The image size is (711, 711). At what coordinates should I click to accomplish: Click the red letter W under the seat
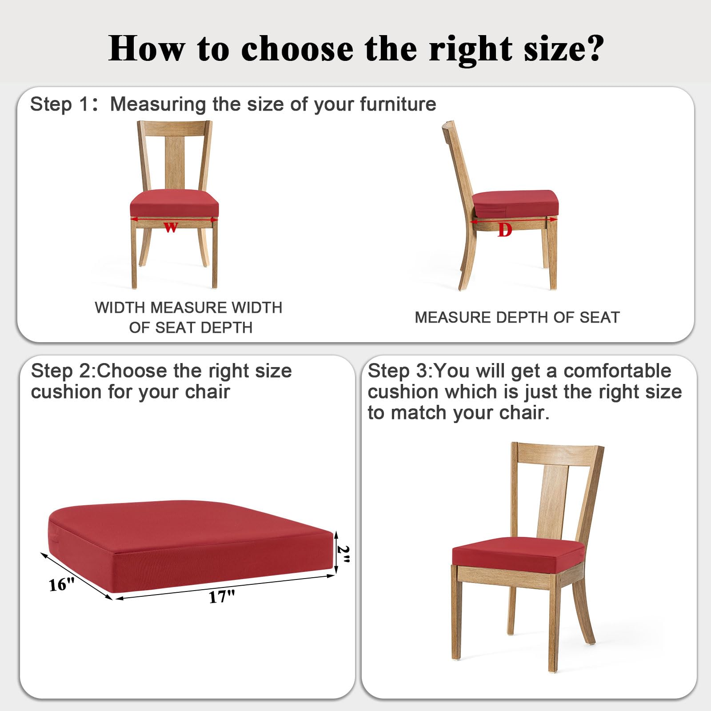tap(171, 228)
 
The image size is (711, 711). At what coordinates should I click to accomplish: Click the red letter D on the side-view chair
tap(505, 230)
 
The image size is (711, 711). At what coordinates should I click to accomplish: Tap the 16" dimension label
tap(61, 584)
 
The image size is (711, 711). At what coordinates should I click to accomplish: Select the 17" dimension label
tap(222, 596)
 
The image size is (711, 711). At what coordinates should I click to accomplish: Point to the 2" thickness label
tap(344, 554)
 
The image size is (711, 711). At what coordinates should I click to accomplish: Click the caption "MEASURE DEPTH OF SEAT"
tap(517, 317)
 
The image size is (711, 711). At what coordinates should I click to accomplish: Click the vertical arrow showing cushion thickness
tap(336, 552)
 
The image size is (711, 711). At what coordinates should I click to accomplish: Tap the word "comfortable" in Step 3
tap(617, 371)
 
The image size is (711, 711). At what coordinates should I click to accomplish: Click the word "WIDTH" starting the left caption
tap(120, 308)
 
